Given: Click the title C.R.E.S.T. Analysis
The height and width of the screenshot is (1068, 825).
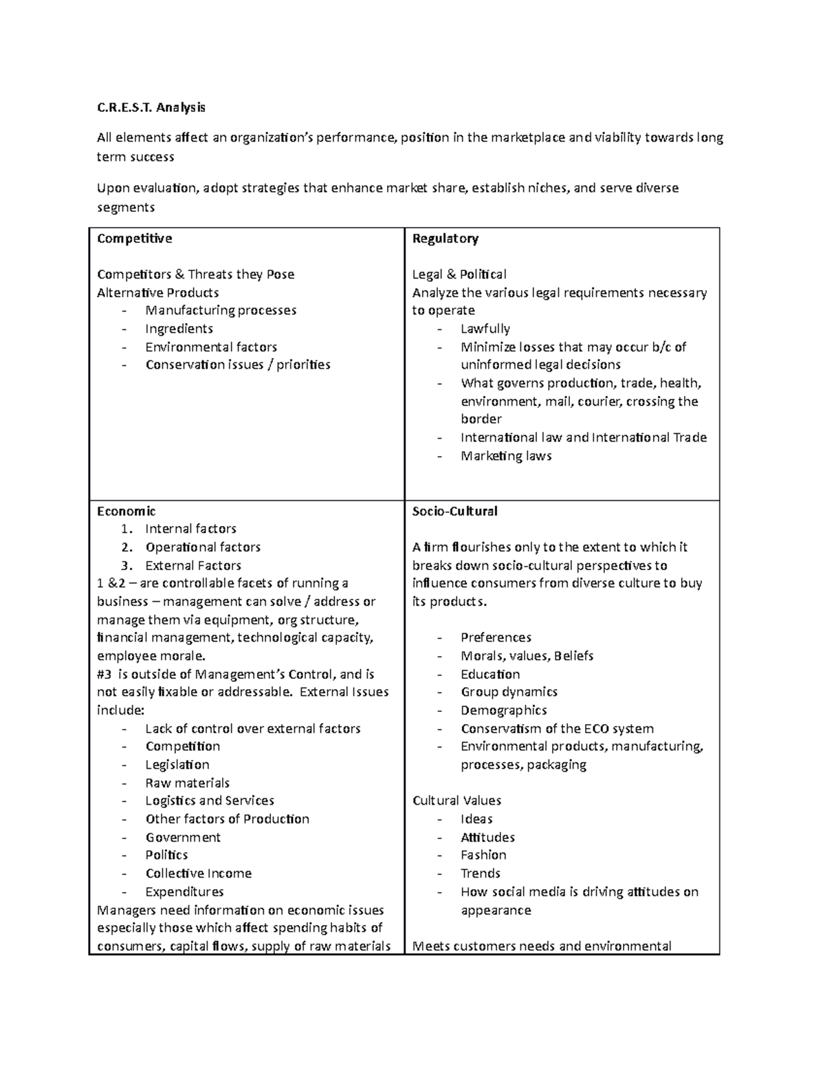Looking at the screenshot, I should click(x=151, y=107).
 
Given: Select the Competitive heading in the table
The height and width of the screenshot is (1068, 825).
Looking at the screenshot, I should click(x=134, y=239).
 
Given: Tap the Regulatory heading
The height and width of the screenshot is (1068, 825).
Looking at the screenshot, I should click(x=445, y=239).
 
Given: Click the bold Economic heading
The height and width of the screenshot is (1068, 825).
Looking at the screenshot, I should click(x=126, y=511).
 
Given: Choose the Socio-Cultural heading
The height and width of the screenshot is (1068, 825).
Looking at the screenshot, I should click(x=454, y=511).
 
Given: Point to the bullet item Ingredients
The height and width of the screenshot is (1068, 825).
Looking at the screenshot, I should click(x=179, y=329).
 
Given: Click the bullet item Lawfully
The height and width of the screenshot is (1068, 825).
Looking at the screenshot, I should click(x=485, y=329).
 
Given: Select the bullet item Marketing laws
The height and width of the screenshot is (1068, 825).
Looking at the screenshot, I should click(x=506, y=456).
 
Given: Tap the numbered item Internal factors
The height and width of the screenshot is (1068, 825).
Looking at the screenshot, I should click(x=190, y=529).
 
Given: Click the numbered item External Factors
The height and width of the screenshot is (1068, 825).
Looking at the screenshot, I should click(x=193, y=565).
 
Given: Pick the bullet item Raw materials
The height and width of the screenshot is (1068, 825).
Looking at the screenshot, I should click(x=187, y=783).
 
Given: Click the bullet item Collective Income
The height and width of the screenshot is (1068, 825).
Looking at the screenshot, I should click(x=198, y=873).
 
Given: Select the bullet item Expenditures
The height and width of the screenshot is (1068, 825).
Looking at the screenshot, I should click(x=184, y=892).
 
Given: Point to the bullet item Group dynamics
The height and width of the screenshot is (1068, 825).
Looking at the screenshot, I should click(x=509, y=692).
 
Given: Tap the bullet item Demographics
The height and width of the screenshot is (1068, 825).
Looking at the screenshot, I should click(x=503, y=710).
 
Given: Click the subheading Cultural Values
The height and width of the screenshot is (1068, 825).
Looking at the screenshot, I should click(x=456, y=800).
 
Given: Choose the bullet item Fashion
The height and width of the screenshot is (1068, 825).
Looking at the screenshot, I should click(x=483, y=855).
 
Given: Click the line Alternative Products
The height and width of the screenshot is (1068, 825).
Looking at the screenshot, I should click(x=157, y=292).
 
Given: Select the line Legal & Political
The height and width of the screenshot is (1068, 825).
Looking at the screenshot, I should click(x=459, y=274).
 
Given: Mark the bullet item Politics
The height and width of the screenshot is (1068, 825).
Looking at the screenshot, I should click(x=166, y=855).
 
